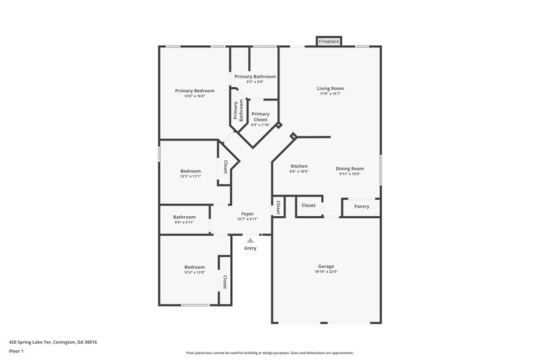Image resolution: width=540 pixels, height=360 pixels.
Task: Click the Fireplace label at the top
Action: point(329,42)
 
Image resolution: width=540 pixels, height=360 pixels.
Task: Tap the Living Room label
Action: point(331,88)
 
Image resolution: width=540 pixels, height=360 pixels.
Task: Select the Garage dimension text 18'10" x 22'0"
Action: point(326,272)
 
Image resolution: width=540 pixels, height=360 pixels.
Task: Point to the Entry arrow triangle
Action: point(250,240)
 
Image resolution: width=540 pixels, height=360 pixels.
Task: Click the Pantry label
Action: point(362,207)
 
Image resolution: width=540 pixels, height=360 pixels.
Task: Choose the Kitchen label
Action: point(299,166)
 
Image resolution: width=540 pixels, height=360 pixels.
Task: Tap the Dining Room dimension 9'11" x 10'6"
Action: point(350,174)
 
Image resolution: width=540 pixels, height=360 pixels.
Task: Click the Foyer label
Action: point(248,213)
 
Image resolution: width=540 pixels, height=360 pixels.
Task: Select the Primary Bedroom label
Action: point(194,91)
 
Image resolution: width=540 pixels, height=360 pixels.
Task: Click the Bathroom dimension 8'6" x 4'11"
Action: point(184,222)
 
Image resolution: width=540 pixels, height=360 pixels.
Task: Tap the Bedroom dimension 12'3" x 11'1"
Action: point(191,176)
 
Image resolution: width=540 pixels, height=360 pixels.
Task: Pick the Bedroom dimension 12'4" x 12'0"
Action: point(194,272)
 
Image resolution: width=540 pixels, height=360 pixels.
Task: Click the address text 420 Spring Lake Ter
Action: point(53,342)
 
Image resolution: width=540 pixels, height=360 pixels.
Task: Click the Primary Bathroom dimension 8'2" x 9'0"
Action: point(254,82)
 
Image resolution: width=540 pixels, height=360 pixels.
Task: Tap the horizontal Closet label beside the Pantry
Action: point(308,205)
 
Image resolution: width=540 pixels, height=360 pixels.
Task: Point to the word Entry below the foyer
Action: point(250,249)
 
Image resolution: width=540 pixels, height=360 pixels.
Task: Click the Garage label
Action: point(326,266)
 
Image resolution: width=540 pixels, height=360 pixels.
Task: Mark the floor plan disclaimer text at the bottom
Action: point(270,353)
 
